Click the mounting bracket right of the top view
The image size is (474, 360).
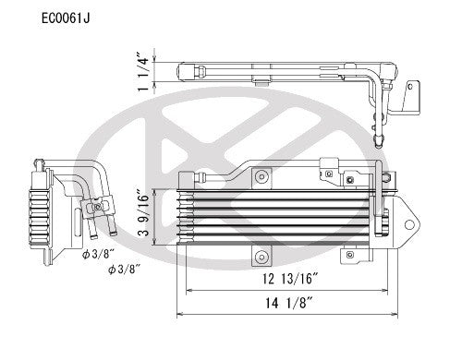point(407,97)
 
